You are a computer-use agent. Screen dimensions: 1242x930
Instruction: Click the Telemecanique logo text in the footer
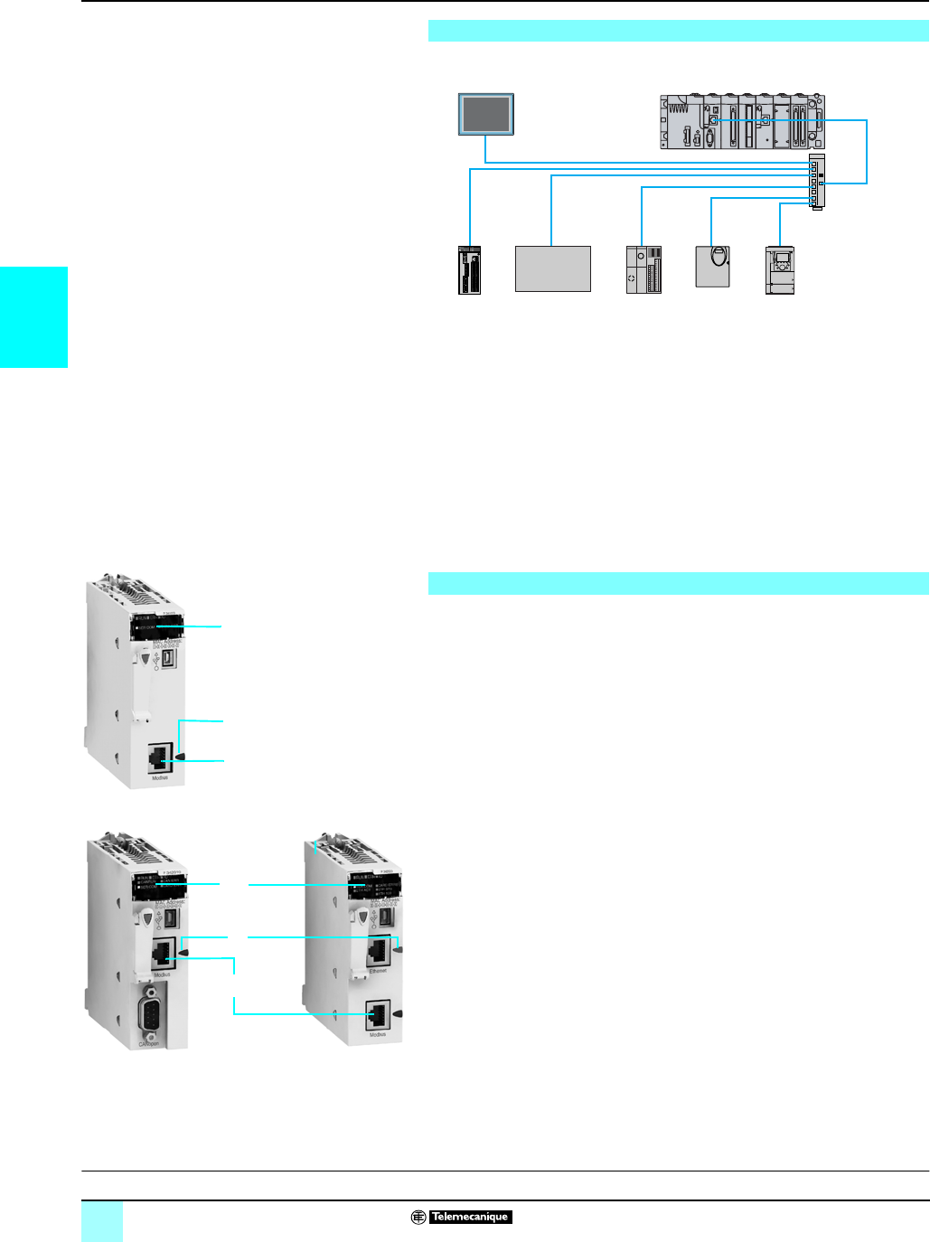(470, 1217)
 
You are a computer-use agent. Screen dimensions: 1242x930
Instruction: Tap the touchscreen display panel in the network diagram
(486, 114)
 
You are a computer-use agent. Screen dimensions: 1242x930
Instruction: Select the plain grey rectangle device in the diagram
(553, 268)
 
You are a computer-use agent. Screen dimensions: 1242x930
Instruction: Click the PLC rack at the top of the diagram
(742, 121)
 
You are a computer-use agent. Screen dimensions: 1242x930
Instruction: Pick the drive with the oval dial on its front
(712, 266)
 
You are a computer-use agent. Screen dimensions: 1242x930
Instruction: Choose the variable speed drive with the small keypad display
(779, 269)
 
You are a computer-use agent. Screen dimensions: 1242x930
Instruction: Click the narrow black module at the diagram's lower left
(469, 269)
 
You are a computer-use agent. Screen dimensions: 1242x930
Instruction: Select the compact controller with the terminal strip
(643, 269)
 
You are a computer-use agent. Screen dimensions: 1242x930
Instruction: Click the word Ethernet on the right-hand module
(378, 971)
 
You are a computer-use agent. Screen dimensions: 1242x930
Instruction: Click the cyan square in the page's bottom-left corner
(102, 1221)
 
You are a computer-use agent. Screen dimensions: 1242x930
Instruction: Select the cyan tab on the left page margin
(33, 317)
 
